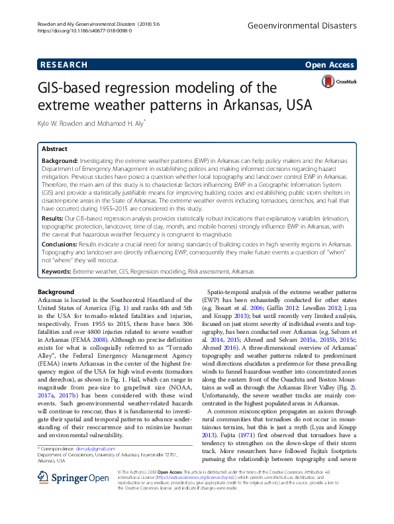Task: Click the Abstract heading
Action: point(54,150)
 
